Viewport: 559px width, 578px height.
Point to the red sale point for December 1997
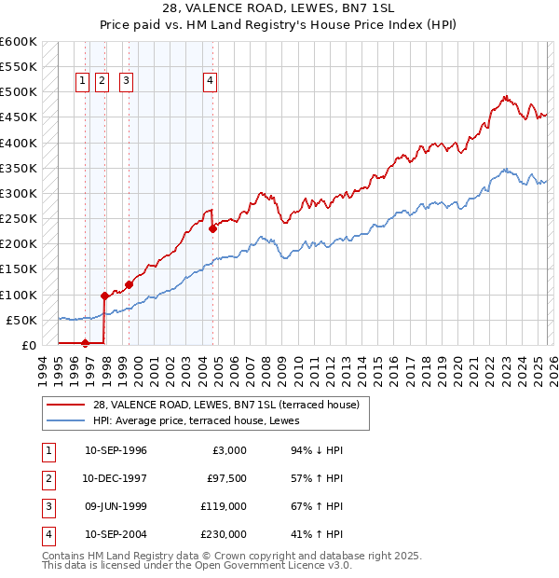pos(103,296)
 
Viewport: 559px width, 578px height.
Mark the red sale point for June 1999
pos(129,284)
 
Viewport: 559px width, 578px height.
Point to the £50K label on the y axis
pos(21,320)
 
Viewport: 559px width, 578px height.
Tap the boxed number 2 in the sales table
pos(47,478)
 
